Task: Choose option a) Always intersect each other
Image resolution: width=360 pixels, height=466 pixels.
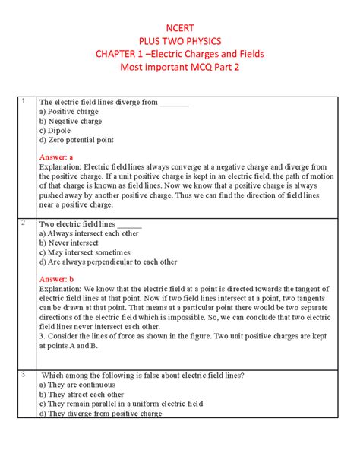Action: click(90, 234)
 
